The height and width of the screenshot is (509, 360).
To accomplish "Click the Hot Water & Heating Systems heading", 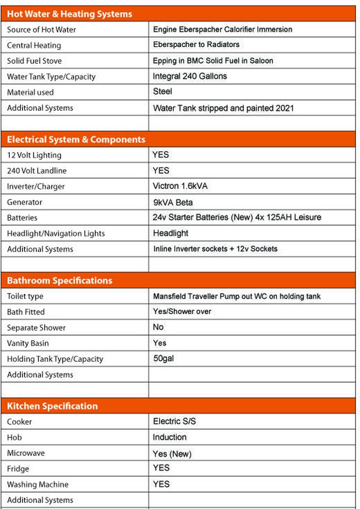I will pyautogui.click(x=69, y=14).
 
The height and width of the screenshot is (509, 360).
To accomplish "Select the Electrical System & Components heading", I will pyautogui.click(x=76, y=139).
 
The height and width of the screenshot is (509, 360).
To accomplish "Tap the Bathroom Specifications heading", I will pyautogui.click(x=59, y=281).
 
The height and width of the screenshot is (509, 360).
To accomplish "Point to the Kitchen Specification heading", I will pyautogui.click(x=52, y=406).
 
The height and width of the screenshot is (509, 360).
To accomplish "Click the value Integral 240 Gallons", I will pyautogui.click(x=190, y=76).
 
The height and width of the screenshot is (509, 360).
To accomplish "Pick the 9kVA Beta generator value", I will pyautogui.click(x=173, y=202).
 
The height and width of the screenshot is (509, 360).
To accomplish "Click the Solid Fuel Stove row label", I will pyautogui.click(x=34, y=61).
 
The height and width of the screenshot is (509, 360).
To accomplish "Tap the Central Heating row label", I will pyautogui.click(x=34, y=45).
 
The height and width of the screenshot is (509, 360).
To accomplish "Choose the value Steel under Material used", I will pyautogui.click(x=163, y=92).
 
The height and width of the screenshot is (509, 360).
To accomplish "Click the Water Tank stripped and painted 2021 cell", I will pyautogui.click(x=223, y=107).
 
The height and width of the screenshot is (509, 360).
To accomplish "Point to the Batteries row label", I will pyautogui.click(x=22, y=217).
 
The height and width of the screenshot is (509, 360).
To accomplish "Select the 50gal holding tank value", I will pyautogui.click(x=164, y=358).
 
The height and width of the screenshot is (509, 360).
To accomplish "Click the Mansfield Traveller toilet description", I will pyautogui.click(x=237, y=296).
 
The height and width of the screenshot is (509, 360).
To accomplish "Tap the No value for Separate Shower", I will pyautogui.click(x=158, y=327).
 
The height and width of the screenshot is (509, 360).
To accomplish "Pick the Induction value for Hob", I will pyautogui.click(x=169, y=437).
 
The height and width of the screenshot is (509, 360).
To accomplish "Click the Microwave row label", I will pyautogui.click(x=26, y=453).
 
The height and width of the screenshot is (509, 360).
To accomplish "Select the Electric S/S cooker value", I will pyautogui.click(x=175, y=421).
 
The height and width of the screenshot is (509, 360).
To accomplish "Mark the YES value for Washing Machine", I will pyautogui.click(x=161, y=484).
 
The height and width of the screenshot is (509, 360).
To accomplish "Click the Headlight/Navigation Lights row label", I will pyautogui.click(x=56, y=233).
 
